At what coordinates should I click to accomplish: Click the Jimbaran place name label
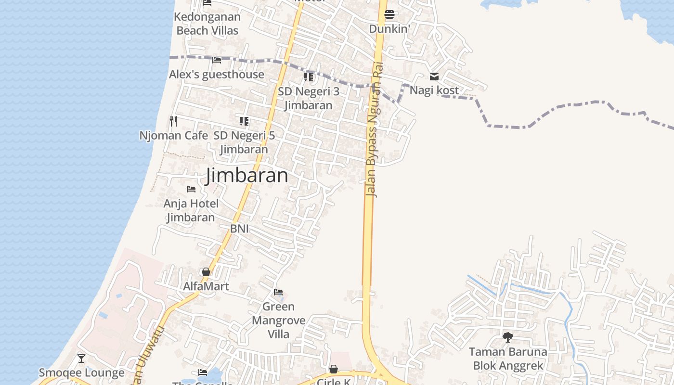click(247, 175)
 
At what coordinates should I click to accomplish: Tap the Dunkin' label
click(389, 29)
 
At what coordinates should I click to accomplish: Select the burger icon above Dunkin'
click(389, 14)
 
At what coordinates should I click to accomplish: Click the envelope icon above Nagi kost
click(434, 76)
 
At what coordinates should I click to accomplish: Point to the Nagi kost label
click(434, 90)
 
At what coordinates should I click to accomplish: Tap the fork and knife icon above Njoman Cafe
click(173, 121)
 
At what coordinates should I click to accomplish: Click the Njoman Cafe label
click(173, 136)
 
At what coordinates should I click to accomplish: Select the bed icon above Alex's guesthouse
click(217, 60)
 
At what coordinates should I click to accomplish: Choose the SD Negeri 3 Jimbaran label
click(308, 98)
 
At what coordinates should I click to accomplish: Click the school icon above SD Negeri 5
click(244, 121)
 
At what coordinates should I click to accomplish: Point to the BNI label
click(239, 229)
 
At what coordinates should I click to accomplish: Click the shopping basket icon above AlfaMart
click(206, 272)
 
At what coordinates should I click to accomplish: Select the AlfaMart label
click(206, 286)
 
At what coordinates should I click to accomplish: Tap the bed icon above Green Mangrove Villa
click(278, 292)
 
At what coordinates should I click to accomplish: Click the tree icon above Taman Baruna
click(507, 337)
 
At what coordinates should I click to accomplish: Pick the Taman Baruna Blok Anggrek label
click(508, 359)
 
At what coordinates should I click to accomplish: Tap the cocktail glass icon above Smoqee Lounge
click(81, 359)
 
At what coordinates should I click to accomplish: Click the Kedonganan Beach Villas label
click(207, 24)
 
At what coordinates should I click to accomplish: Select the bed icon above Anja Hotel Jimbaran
click(191, 189)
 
